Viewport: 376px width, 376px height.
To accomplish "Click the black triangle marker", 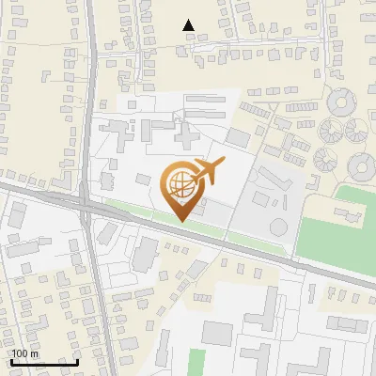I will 189,26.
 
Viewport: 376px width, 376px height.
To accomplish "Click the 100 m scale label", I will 25,353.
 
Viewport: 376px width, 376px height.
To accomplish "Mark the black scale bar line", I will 44,362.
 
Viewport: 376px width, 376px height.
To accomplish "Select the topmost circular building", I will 341,100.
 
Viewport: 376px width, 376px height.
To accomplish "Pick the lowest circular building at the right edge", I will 362,167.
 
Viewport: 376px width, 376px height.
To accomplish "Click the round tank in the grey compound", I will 279,227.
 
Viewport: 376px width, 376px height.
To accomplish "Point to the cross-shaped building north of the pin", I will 186,139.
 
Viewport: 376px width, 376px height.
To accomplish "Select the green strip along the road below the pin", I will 141,209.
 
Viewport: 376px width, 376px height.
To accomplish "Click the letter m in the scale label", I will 34,353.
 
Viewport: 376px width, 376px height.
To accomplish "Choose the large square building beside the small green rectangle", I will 217,333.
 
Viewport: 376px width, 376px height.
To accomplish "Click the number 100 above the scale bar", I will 21,353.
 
